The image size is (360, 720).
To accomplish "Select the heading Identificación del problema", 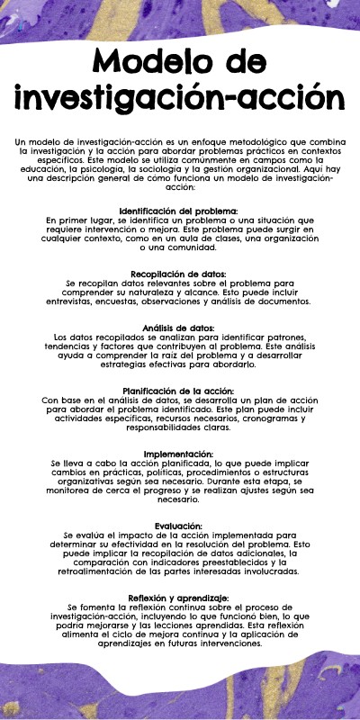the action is coord(180,211).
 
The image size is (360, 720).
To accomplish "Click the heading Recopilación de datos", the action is coord(179,273).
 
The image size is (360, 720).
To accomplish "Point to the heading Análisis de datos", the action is coord(179,327).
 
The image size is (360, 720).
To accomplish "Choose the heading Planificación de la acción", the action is coord(180,390).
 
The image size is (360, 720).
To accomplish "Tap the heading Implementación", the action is coord(180,454).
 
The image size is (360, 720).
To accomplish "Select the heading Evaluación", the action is coord(180,526).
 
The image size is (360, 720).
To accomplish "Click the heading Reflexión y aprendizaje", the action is coord(180,598).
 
